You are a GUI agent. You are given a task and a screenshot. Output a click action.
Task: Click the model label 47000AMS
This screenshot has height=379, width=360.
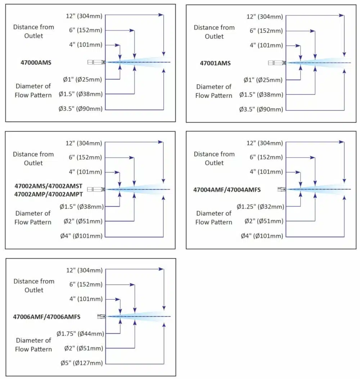tap(36, 62)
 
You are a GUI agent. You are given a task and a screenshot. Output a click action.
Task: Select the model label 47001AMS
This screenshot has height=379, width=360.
tap(215, 63)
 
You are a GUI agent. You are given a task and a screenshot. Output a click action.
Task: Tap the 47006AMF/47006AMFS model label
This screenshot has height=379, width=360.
tap(46, 317)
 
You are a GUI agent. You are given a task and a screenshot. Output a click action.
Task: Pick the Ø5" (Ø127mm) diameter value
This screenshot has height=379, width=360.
tap(81, 363)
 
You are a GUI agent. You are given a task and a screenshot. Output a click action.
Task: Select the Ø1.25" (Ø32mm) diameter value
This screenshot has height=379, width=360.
tap(260, 207)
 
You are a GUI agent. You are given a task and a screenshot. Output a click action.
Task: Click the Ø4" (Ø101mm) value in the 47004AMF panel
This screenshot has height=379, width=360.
tap(262, 236)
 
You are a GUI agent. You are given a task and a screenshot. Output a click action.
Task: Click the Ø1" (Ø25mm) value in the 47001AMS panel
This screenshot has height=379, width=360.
tap(263, 80)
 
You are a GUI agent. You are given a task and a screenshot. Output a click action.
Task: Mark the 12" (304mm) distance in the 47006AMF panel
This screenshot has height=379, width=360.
tap(85, 270)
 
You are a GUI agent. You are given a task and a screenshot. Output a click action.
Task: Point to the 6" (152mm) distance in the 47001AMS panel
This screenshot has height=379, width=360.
tap(266, 31)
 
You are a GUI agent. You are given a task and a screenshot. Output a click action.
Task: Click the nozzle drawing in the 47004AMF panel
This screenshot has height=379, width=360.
tap(282, 189)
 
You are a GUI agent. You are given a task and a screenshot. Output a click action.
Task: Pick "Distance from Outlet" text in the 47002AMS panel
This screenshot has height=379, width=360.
tap(33, 159)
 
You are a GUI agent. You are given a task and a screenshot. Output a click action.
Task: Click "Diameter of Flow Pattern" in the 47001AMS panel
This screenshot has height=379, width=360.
tap(214, 91)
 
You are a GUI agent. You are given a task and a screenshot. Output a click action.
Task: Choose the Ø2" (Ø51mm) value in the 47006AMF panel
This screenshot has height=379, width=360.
tap(83, 348)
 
